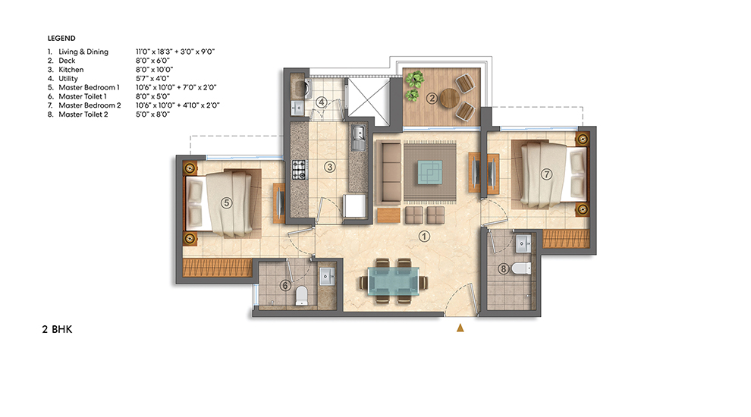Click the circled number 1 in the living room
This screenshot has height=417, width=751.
[424, 236]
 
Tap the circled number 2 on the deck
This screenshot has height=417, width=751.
[431, 97]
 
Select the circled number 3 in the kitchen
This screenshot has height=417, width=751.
[329, 166]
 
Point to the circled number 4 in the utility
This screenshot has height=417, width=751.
[322, 102]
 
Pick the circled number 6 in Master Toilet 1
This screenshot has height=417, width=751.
[284, 285]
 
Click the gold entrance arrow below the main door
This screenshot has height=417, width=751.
[459, 328]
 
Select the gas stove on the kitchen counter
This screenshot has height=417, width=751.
[298, 169]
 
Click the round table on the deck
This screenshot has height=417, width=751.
[450, 98]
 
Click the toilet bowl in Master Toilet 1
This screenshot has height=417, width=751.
[301, 294]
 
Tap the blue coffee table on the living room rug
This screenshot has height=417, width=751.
[430, 173]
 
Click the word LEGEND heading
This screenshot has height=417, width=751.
[61, 37]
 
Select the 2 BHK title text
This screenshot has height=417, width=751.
[56, 331]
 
